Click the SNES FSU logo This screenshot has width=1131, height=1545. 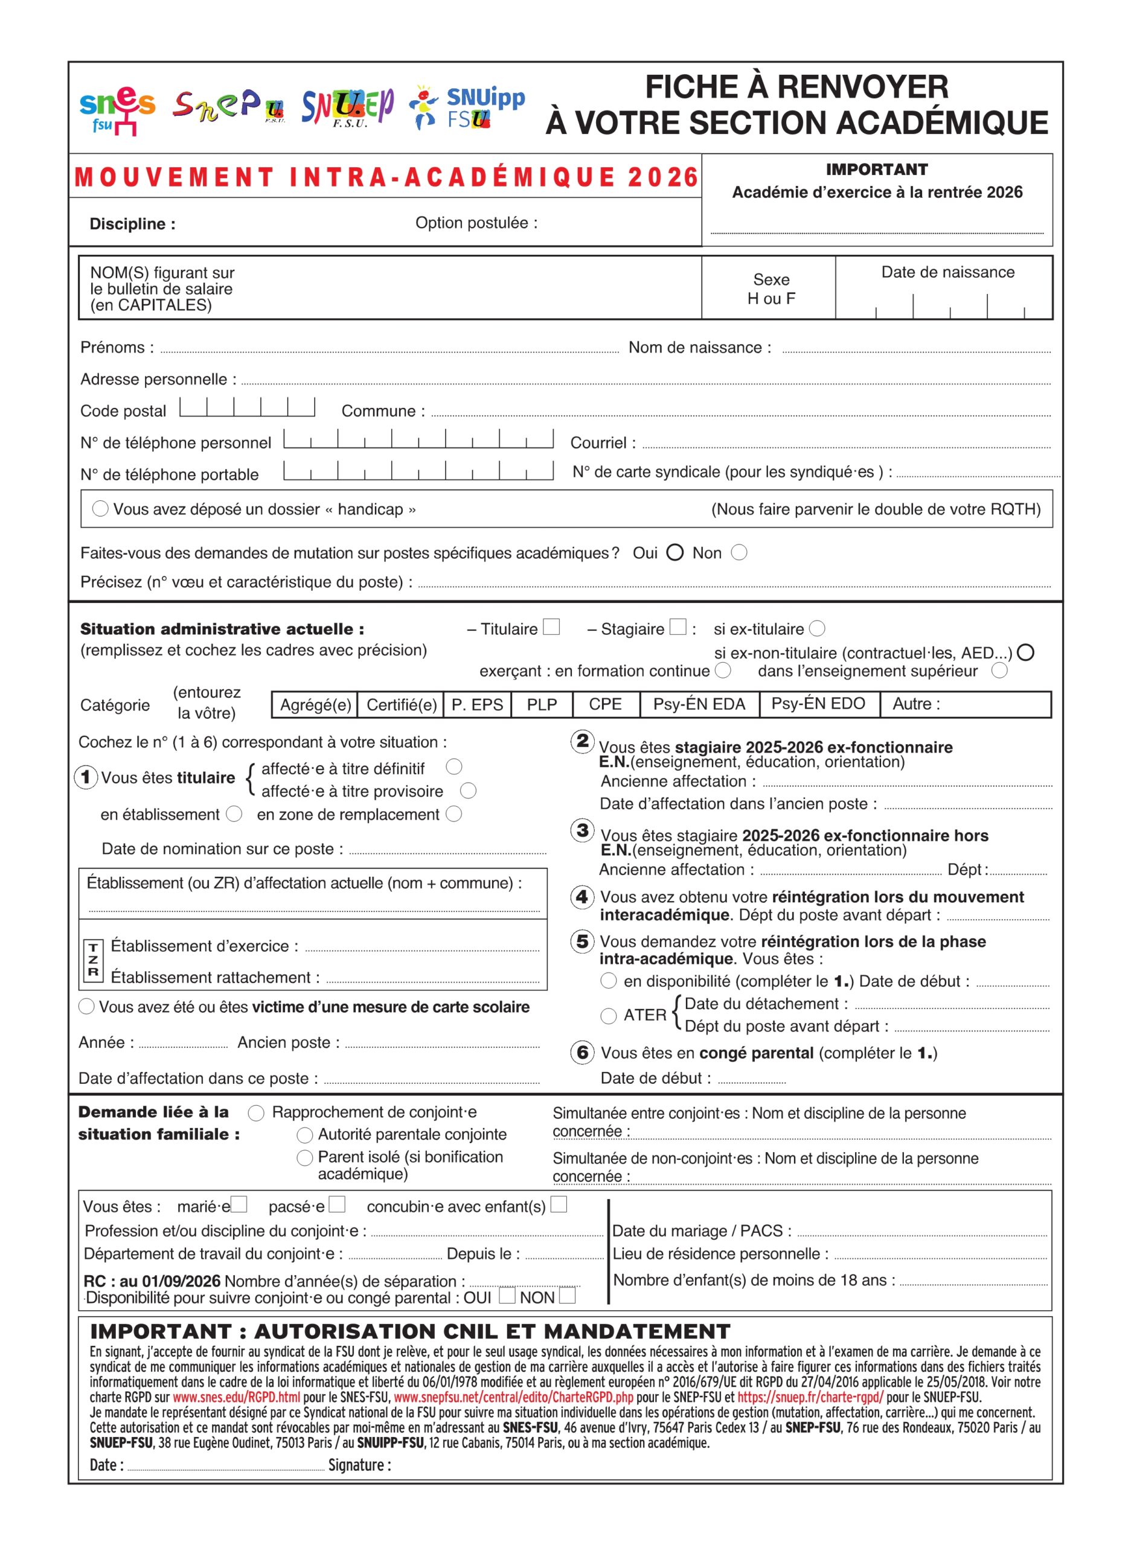(117, 109)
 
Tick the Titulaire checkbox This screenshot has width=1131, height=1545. (551, 627)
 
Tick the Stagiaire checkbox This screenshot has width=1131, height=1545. (677, 627)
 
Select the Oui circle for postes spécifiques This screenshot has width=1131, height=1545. (674, 552)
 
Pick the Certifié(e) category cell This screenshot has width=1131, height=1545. (401, 704)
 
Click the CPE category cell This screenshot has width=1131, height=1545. (605, 704)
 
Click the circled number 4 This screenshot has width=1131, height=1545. (582, 896)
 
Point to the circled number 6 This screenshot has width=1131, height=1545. (582, 1053)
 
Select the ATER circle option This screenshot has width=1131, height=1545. (608, 1016)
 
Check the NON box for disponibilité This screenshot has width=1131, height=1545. (567, 1295)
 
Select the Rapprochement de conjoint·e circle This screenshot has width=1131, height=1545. (256, 1113)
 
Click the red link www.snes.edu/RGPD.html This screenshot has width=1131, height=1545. (236, 1397)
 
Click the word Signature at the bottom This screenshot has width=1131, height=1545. (359, 1464)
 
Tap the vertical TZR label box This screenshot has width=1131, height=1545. (93, 961)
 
